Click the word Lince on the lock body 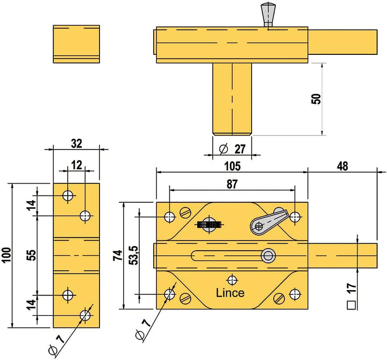click(x=230, y=293)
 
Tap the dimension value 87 click(x=232, y=183)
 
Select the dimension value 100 click(x=5, y=255)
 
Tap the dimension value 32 click(x=76, y=144)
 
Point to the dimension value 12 click(x=76, y=165)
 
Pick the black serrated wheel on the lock click(x=210, y=224)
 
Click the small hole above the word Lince click(x=232, y=279)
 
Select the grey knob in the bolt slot click(x=267, y=255)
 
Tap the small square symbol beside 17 click(x=352, y=305)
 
